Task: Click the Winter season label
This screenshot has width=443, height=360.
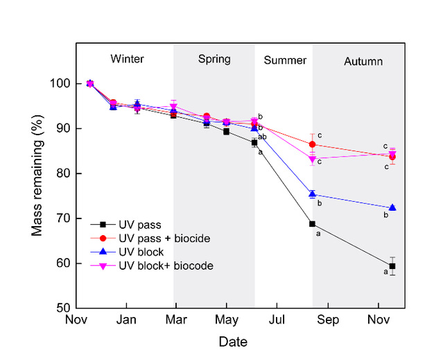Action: tap(127, 59)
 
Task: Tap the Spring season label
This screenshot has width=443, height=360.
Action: tap(214, 59)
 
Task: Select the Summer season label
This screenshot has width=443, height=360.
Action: tap(285, 60)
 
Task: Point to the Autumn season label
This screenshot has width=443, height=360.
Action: tap(363, 61)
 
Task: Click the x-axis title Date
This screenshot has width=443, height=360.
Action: tap(233, 342)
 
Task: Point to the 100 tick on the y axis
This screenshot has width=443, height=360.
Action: tap(60, 84)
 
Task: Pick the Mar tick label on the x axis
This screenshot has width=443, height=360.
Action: tap(176, 320)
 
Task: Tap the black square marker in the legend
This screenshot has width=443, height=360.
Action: tap(102, 224)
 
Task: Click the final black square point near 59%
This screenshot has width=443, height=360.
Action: tap(392, 266)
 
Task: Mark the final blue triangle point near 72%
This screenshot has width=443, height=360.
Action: tap(392, 207)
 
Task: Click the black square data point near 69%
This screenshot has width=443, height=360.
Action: tap(312, 223)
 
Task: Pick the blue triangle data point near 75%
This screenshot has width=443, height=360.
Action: tap(312, 194)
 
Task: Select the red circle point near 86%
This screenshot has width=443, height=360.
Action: tap(312, 144)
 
